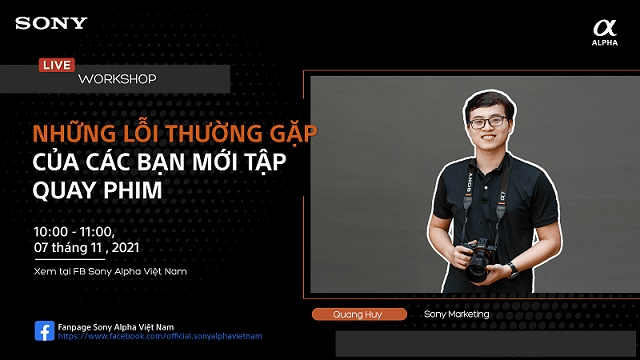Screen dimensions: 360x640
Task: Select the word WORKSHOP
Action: click(117, 78)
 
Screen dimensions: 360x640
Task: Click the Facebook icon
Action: click(44, 331)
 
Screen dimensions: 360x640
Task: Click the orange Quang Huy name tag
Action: click(359, 314)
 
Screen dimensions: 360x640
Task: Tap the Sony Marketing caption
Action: click(457, 314)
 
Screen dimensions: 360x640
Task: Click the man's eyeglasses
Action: click(488, 123)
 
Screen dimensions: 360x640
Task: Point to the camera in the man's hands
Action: click(479, 257)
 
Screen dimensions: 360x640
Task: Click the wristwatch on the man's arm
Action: click(512, 268)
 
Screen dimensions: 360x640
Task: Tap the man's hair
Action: click(488, 97)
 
